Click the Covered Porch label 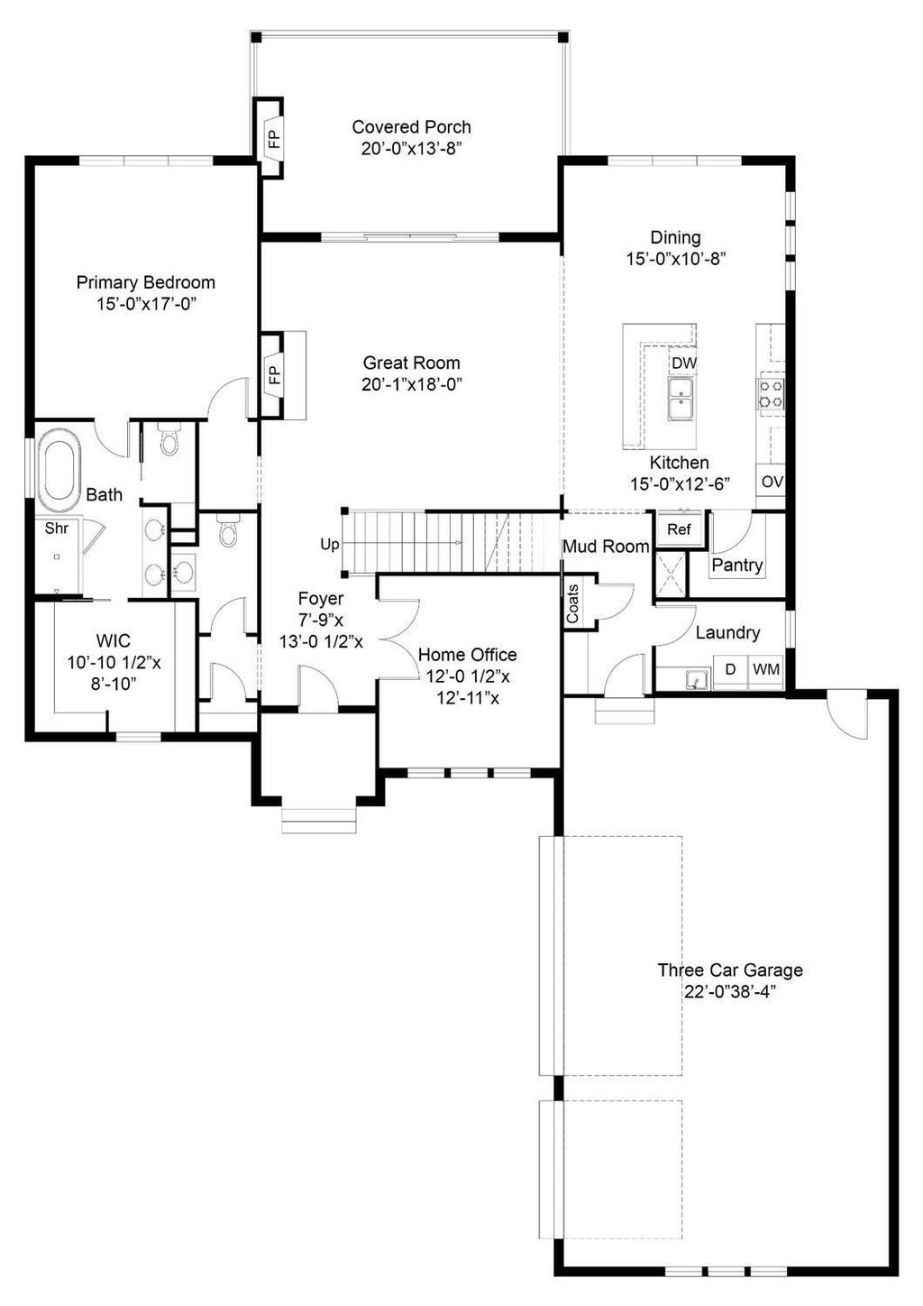(411, 127)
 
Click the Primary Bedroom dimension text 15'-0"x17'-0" (146, 304)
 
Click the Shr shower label (57, 529)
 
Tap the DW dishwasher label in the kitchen (683, 363)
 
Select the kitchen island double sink (681, 399)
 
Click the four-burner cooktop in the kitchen (771, 393)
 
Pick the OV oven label (772, 483)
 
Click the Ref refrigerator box (679, 529)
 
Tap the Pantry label (737, 565)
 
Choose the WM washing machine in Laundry (765, 669)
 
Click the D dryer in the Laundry (731, 669)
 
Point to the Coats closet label (572, 604)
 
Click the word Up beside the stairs (330, 545)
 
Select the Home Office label (467, 655)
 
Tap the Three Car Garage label (730, 970)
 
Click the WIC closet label (114, 640)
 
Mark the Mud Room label (606, 547)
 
